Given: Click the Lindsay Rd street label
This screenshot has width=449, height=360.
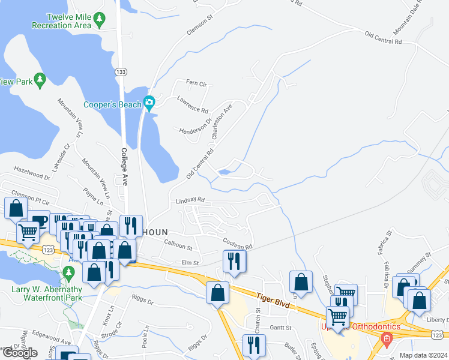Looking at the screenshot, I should pyautogui.click(x=191, y=200).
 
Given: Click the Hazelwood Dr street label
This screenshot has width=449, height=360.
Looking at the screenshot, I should pyautogui.click(x=32, y=174).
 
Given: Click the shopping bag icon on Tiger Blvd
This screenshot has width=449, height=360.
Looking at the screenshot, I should pyautogui.click(x=218, y=293).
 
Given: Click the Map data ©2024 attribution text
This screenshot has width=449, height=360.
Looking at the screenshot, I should pyautogui.click(x=423, y=355).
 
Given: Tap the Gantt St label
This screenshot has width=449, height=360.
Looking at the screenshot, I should pyautogui.click(x=280, y=328).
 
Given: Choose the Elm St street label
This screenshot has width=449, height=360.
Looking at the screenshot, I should pyautogui.click(x=190, y=263).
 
